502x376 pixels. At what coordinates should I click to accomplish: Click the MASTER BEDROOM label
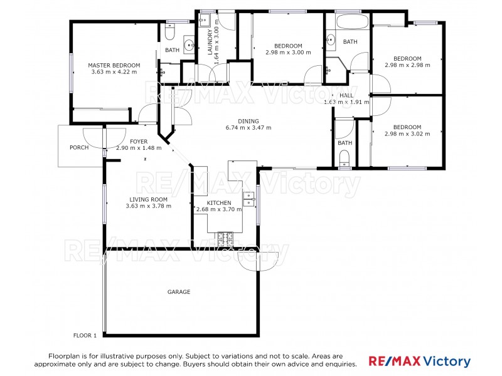[x=114, y=65]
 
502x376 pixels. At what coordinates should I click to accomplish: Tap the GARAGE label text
[x=178, y=292]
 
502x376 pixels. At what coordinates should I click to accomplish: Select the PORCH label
[x=79, y=147]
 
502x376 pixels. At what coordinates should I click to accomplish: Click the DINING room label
[x=248, y=121]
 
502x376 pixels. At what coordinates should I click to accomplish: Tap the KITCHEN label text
[x=219, y=203]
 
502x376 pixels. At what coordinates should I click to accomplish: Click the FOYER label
[x=139, y=142]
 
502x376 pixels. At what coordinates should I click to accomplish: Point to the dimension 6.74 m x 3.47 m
[x=248, y=128]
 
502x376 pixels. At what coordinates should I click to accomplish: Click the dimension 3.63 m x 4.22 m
[x=114, y=72]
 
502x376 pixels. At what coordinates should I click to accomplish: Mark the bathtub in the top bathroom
[x=351, y=22]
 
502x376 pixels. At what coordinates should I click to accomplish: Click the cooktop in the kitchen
[x=225, y=238]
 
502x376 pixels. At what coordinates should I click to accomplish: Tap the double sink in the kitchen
[x=249, y=198]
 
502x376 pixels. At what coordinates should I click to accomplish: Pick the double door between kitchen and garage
[x=257, y=259]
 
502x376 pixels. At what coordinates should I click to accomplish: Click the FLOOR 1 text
[x=85, y=335]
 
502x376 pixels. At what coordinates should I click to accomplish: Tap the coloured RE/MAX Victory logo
[x=419, y=361]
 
